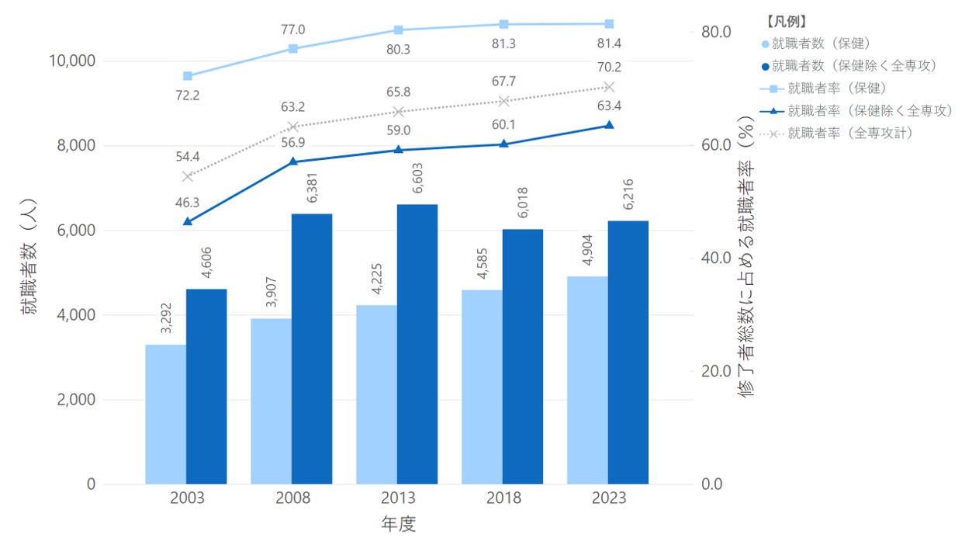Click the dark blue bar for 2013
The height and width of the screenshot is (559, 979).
click(x=417, y=344)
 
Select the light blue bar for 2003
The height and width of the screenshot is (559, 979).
click(x=166, y=415)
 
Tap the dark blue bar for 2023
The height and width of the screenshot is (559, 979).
click(x=628, y=352)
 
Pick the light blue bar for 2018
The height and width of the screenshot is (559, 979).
click(x=482, y=387)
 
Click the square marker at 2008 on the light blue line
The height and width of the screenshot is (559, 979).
click(x=293, y=49)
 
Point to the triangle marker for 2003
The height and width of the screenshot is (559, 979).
click(x=188, y=221)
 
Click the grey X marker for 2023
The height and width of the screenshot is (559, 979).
click(x=609, y=87)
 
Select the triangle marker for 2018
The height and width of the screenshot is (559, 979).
click(x=504, y=144)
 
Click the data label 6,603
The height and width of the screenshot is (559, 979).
click(x=418, y=178)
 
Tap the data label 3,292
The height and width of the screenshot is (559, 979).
click(x=166, y=318)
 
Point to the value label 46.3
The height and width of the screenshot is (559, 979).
click(x=188, y=203)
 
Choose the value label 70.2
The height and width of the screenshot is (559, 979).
click(x=609, y=67)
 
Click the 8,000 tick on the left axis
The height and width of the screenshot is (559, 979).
click(x=76, y=145)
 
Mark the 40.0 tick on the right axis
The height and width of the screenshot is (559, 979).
click(x=716, y=258)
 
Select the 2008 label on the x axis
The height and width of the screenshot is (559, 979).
click(x=292, y=498)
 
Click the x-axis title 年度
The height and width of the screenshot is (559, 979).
click(x=398, y=523)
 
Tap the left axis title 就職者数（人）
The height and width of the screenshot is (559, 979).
click(x=29, y=256)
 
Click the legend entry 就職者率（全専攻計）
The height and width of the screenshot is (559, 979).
click(x=836, y=133)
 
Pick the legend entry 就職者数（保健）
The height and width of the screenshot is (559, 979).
click(x=815, y=43)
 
